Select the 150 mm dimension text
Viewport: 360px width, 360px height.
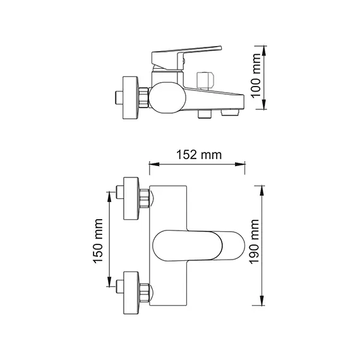click(99, 244)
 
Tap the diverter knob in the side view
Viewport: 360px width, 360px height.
click(205, 80)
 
